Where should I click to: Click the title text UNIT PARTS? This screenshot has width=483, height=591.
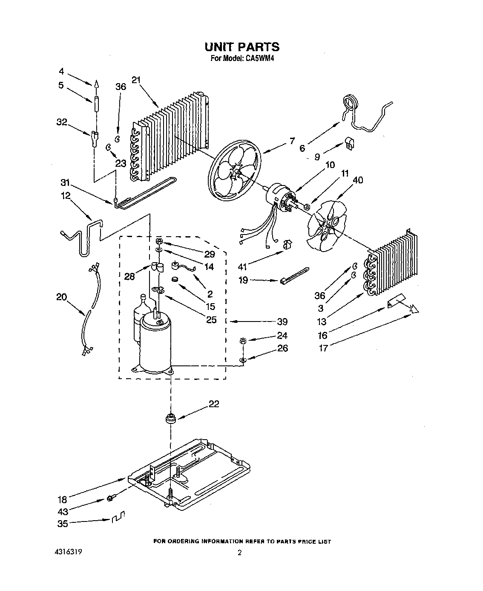(241, 46)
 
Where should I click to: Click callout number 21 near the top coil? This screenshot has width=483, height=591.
(136, 80)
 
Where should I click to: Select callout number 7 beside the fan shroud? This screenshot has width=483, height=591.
(292, 141)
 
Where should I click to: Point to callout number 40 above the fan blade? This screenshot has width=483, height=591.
(358, 180)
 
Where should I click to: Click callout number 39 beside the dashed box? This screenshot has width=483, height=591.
(282, 322)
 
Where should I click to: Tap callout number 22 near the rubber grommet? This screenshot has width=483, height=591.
(214, 403)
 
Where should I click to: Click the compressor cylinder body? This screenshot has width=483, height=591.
(155, 345)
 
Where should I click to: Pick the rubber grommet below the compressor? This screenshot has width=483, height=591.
(171, 418)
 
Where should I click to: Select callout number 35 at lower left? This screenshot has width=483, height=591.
(62, 524)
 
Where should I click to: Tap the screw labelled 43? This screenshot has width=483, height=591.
(110, 497)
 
